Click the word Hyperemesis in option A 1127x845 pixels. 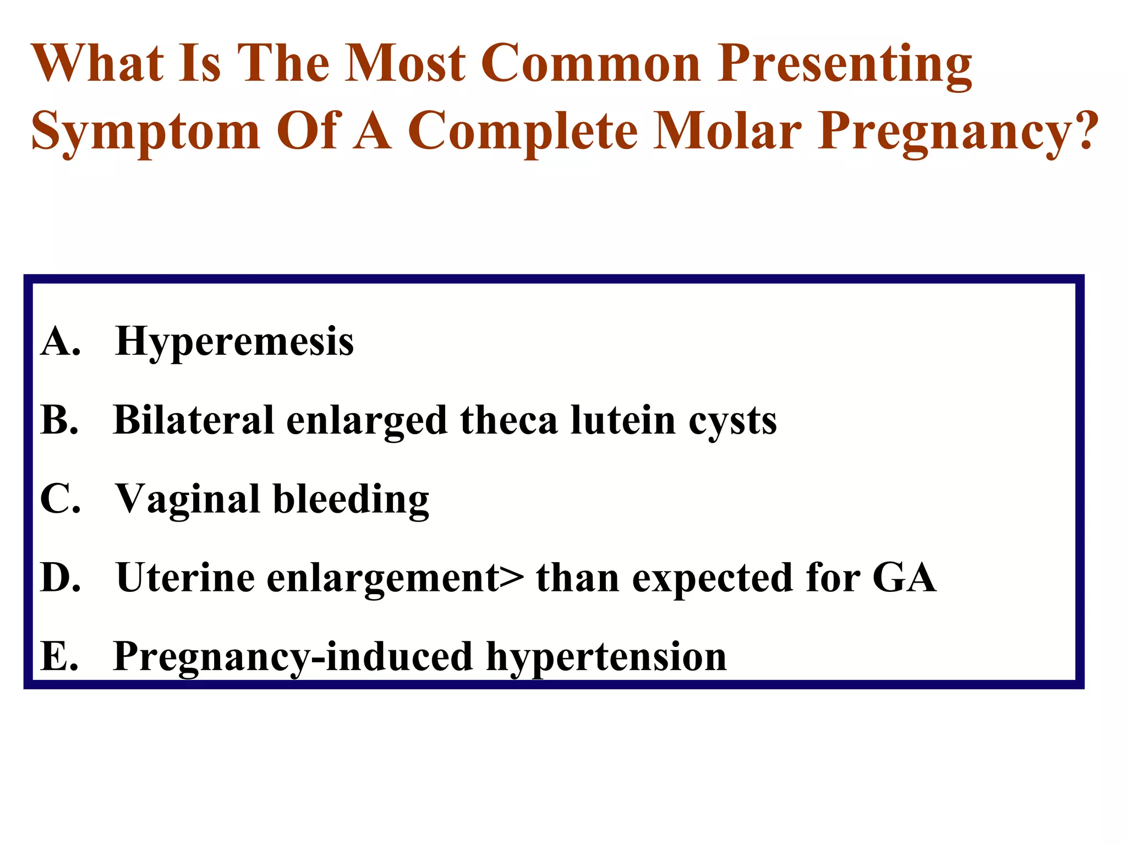tap(234, 342)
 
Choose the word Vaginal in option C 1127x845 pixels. tap(187, 500)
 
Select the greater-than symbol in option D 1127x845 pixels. tap(512, 578)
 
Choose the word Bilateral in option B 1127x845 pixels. tap(193, 420)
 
